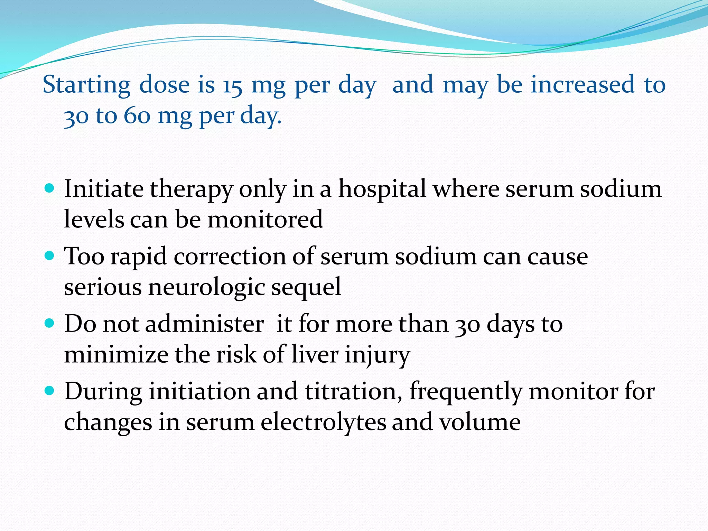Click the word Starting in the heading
point(86,85)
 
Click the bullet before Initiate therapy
point(50,188)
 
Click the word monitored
point(265,220)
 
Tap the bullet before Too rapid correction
point(50,256)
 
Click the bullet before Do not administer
point(50,324)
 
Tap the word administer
point(204,324)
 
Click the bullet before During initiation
point(50,391)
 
